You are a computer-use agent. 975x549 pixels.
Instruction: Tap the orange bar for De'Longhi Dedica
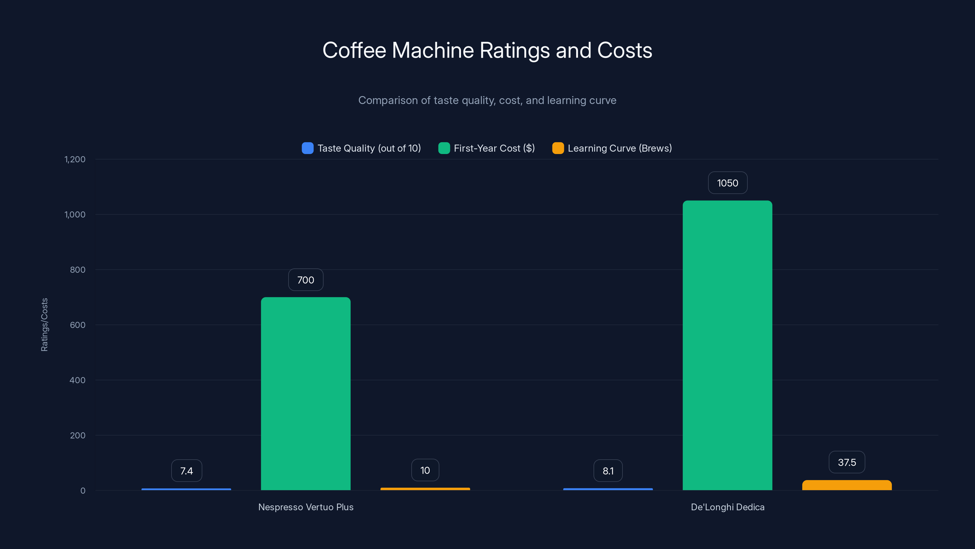[847, 485]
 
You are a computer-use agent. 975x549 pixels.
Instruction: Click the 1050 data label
[728, 183]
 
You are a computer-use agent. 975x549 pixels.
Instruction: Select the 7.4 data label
[186, 471]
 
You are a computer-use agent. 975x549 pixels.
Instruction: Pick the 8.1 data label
[608, 471]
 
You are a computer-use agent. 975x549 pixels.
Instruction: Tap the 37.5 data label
[847, 462]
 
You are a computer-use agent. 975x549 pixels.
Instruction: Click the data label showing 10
[425, 470]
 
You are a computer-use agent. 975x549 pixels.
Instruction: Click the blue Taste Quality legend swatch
[307, 148]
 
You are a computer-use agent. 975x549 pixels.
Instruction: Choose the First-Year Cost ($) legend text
[494, 148]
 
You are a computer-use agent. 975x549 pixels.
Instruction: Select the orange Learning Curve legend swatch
[558, 148]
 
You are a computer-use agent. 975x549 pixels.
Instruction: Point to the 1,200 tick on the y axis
[75, 159]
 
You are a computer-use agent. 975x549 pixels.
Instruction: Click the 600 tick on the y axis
[78, 325]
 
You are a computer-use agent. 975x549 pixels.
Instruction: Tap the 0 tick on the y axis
[83, 491]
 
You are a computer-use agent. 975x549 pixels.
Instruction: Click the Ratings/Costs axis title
[44, 325]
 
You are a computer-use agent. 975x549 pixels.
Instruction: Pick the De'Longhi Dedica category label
[728, 507]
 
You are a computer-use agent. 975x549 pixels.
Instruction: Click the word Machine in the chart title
[433, 50]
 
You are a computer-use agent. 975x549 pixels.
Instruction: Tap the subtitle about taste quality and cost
[487, 100]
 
